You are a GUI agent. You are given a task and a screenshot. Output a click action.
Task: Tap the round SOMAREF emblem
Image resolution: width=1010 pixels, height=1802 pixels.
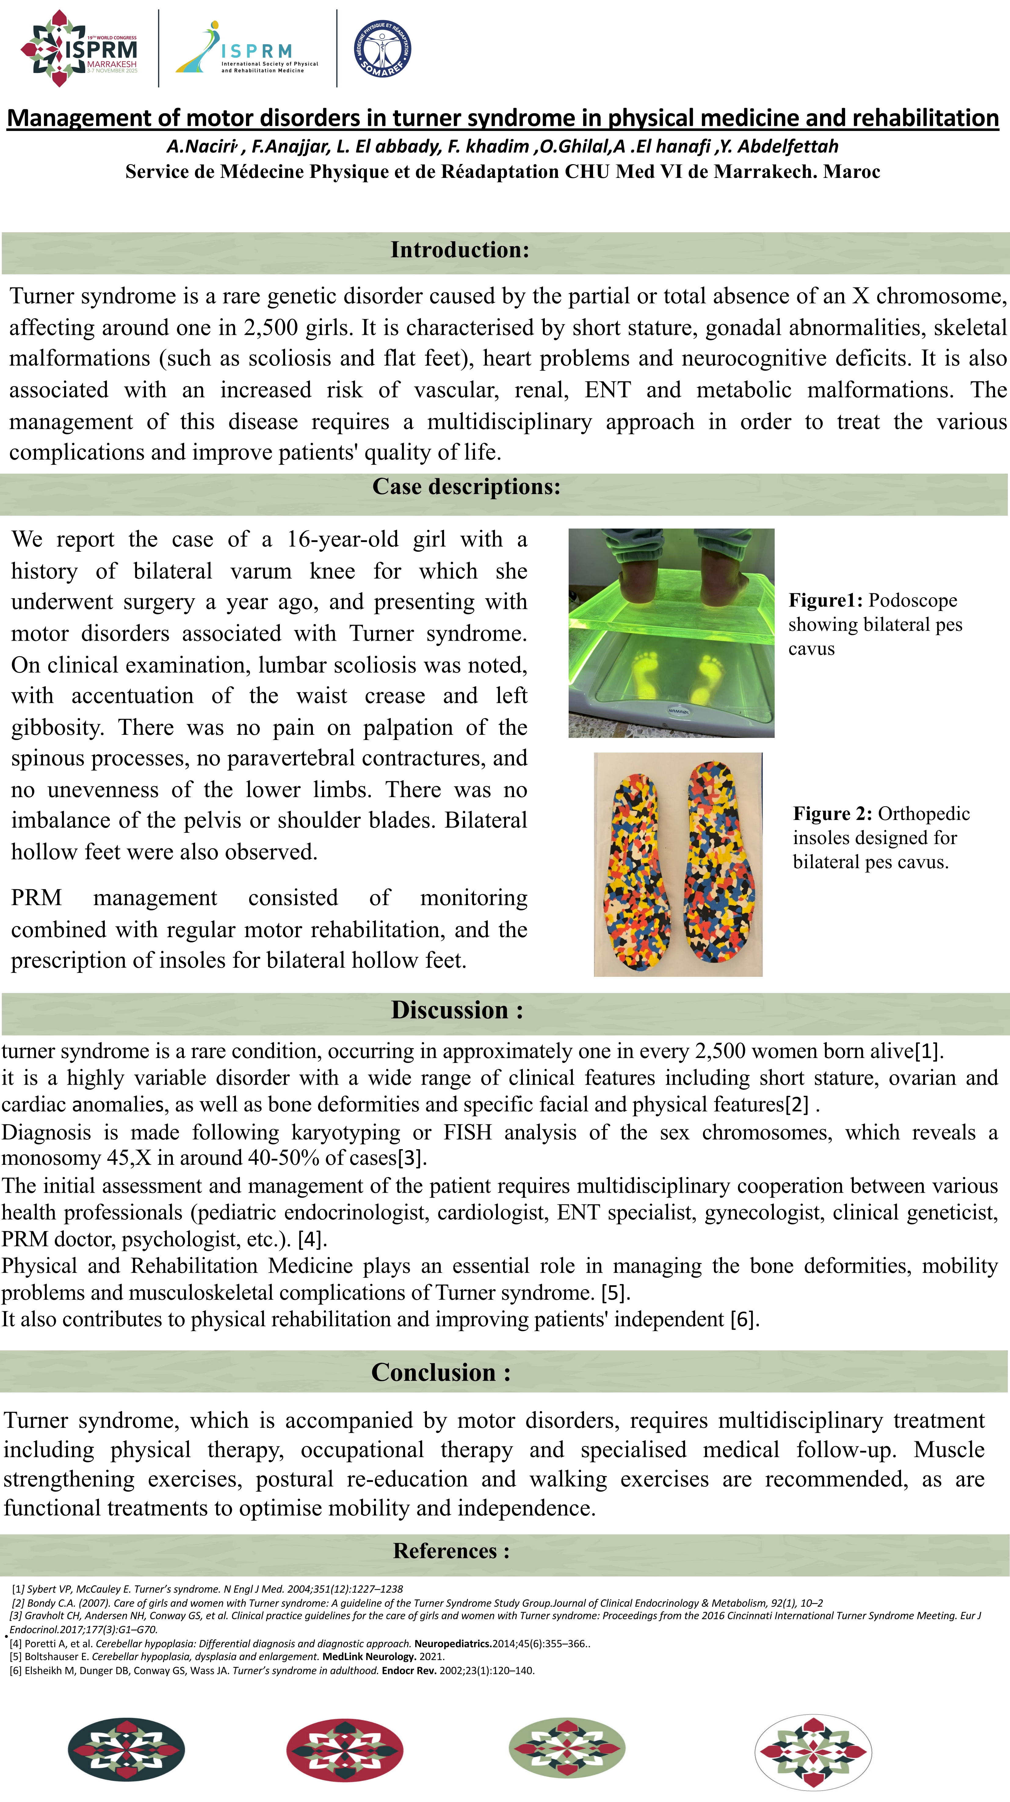click(x=382, y=48)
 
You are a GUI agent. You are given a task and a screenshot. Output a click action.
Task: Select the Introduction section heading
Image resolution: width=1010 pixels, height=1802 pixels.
click(x=460, y=250)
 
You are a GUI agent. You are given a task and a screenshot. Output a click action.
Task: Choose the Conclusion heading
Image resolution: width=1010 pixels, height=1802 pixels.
click(x=441, y=1373)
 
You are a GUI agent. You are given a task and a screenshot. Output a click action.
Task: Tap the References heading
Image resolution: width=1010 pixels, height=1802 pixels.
click(x=451, y=1551)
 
